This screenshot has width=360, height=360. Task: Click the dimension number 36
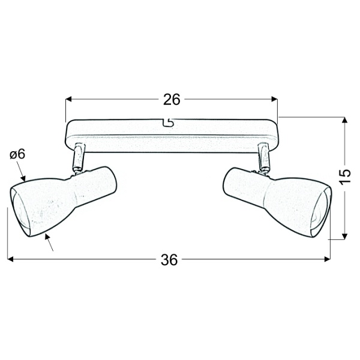tap(170, 260)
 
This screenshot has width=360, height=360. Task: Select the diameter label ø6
tap(17, 154)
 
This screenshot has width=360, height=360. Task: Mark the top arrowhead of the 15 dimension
tap(344, 121)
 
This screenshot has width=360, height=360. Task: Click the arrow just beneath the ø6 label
tap(23, 177)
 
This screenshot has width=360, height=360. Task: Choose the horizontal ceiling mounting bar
tap(171, 133)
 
